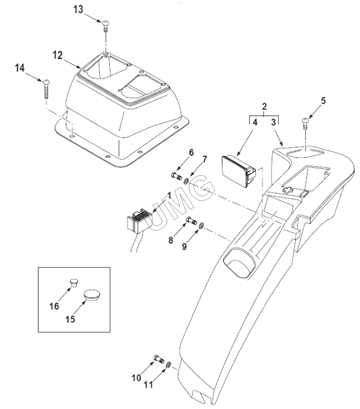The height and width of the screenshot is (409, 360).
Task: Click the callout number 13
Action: pos(78,9)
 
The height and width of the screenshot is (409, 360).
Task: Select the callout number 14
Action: pos(20,68)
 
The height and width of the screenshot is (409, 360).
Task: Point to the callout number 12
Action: pos(58,55)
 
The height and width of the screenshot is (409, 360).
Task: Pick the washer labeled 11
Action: pos(168,365)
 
